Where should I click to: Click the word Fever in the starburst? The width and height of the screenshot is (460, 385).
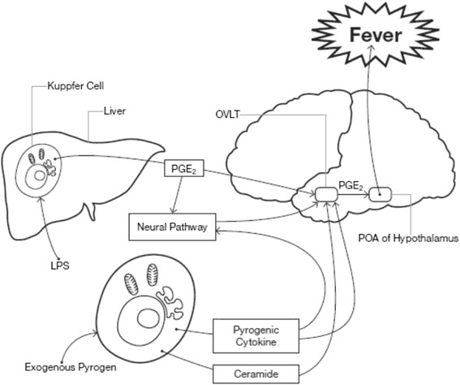pos(376,35)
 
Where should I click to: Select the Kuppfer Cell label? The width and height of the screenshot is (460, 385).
pos(75,86)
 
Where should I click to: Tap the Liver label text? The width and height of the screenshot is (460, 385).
pos(114,111)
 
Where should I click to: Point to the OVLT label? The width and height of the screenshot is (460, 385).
pos(227,115)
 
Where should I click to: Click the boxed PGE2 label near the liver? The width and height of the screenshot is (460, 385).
pos(184,168)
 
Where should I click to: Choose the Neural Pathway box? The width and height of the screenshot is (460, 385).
pos(172,227)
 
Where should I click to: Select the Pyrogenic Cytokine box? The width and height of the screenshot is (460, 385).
pos(256,335)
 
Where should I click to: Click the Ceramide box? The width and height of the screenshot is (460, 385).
pos(256,374)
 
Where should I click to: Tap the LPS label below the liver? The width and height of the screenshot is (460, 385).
pos(60,266)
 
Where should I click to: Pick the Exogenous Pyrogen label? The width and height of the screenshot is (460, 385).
pos(71,367)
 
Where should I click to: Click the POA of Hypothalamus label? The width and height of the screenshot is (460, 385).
pos(408,238)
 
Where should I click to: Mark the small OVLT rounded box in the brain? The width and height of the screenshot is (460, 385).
pos(326,194)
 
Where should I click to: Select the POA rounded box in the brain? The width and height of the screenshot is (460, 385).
pos(380,194)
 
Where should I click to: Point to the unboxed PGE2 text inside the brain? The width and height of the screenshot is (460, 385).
pos(350,186)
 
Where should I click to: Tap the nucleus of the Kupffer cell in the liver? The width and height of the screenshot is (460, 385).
pos(39,175)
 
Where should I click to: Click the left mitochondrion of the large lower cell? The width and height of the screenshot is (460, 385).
pos(131,284)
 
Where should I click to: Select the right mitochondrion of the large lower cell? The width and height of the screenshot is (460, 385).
pos(153,275)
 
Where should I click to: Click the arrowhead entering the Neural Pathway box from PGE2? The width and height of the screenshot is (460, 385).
pos(173,212)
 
